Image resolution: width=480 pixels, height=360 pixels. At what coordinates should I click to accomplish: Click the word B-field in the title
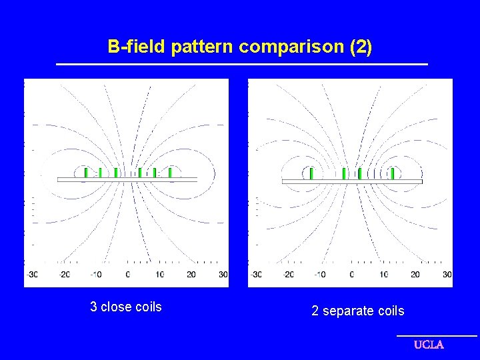[x=137, y=47]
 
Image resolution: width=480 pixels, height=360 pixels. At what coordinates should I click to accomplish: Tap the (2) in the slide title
[x=360, y=47]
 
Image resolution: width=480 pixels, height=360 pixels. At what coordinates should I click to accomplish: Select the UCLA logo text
[x=429, y=345]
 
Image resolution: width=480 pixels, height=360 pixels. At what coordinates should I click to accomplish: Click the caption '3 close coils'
[x=126, y=307]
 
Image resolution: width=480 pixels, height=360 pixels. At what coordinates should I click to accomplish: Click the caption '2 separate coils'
[x=357, y=311]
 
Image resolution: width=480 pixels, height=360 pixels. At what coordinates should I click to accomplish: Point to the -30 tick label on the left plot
[x=31, y=274]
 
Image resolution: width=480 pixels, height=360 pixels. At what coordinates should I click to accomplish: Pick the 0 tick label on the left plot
[x=128, y=274]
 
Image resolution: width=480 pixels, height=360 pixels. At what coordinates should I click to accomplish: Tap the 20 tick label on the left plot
[x=191, y=274]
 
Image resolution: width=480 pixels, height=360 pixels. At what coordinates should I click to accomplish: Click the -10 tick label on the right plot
[x=319, y=274]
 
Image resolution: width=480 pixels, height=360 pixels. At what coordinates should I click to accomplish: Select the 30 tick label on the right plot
[x=447, y=274]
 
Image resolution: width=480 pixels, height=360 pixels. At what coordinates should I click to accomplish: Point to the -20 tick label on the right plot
[x=288, y=274]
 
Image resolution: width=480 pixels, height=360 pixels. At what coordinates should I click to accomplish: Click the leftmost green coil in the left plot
[x=86, y=173]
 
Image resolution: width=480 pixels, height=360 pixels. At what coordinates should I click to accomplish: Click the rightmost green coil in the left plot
[x=170, y=173]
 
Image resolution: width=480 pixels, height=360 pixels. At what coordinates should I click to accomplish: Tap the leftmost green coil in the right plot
[x=311, y=174]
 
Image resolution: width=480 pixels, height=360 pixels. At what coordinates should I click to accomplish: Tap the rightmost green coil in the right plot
[x=392, y=174]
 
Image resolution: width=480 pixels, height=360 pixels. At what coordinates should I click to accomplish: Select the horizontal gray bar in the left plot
[x=127, y=179]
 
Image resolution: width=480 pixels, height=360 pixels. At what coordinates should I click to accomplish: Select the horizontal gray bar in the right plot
[x=352, y=181]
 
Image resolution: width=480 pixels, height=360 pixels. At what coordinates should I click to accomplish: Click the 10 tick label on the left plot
[x=160, y=274]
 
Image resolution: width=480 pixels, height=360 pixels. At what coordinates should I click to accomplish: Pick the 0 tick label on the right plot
[x=352, y=274]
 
